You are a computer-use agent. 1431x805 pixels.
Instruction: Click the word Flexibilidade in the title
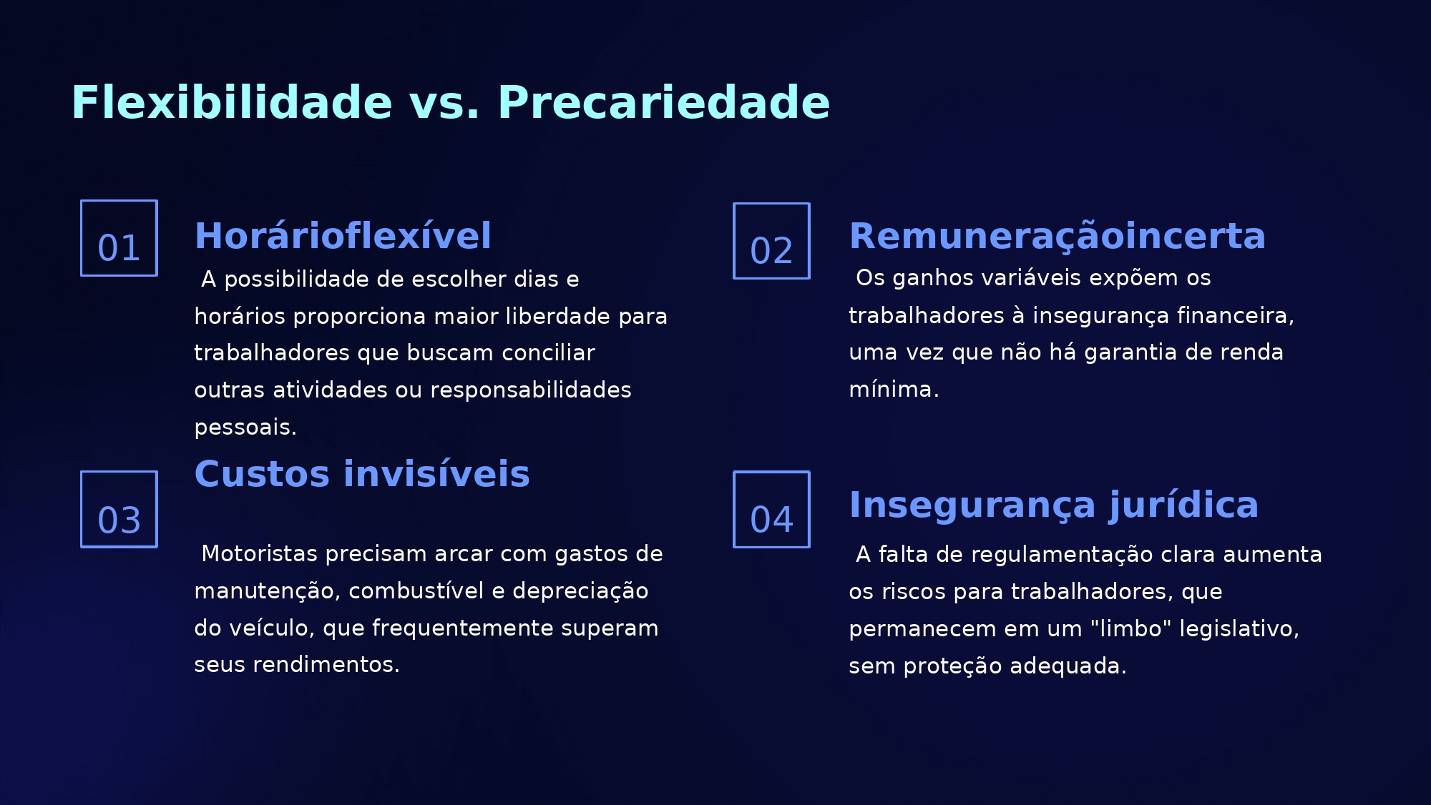point(232,103)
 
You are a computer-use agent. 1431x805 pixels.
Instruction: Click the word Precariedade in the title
point(663,103)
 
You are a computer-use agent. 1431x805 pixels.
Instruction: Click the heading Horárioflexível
point(343,236)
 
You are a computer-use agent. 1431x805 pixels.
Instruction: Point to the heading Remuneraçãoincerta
point(1057,237)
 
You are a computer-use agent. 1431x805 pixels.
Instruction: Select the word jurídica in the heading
point(1183,506)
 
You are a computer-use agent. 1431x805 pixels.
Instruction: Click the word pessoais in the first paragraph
point(245,428)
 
